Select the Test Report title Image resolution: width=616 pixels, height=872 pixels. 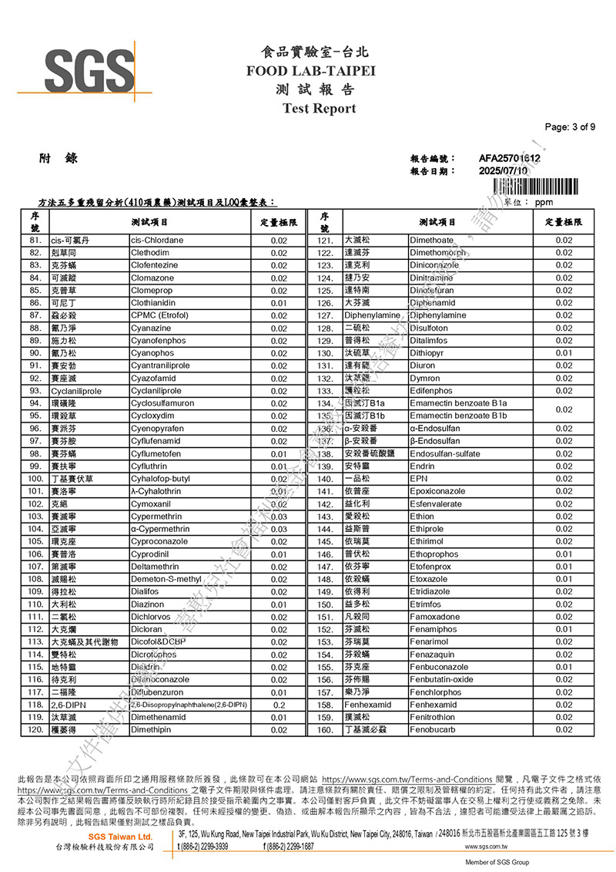[320, 108]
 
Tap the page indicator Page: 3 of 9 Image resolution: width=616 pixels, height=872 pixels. [569, 127]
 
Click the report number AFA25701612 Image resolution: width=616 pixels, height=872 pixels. [509, 159]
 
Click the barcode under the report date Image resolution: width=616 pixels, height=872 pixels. [534, 186]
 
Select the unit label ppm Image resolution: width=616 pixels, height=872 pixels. [544, 202]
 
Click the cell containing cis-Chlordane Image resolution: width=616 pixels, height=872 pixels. [157, 241]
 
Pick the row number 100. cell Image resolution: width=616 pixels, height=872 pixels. [35, 479]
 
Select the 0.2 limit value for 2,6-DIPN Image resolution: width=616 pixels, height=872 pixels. [279, 705]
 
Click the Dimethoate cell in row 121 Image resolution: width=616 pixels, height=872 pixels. [431, 241]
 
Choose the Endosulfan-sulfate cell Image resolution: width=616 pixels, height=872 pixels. [445, 454]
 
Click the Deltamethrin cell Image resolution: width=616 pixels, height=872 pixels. [156, 567]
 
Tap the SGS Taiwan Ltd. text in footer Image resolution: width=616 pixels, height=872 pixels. [120, 837]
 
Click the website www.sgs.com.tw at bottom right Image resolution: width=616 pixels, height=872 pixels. [491, 847]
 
